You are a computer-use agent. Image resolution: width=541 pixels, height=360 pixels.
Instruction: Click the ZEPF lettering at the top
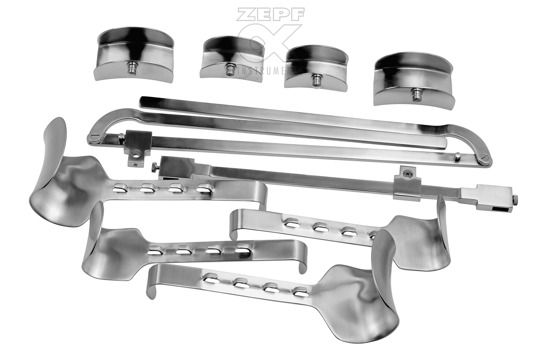[x=270, y=14]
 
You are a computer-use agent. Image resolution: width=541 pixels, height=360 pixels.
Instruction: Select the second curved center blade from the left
[x=232, y=59]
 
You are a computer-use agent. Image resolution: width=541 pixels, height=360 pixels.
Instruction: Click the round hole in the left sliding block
[x=137, y=154]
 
